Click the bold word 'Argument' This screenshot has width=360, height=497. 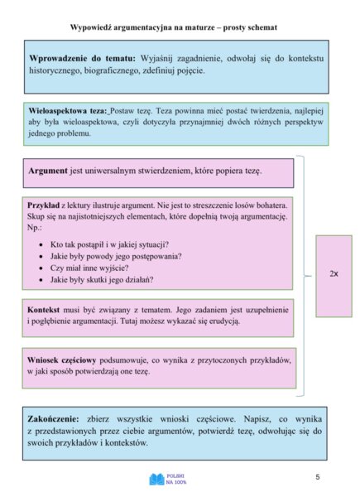[49, 171]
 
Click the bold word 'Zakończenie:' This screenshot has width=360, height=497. [58, 419]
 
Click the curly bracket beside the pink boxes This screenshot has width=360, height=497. [305, 273]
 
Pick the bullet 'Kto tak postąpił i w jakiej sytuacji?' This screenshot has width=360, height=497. [109, 244]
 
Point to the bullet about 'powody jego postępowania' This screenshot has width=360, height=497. [115, 256]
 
